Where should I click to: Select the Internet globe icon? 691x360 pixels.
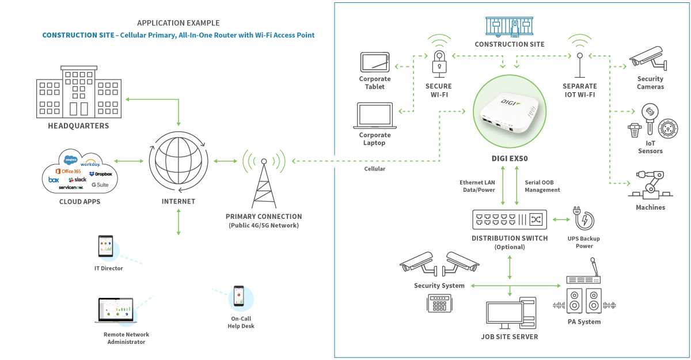tap(179, 161)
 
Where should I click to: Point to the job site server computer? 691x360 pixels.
tap(510, 314)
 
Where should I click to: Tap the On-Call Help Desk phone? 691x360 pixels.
tap(239, 297)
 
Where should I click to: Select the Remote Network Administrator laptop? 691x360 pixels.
tap(113, 310)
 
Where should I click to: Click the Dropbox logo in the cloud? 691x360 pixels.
tap(102, 173)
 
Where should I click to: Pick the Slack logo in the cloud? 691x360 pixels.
tap(77, 180)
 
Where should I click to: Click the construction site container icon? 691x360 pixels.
tap(509, 26)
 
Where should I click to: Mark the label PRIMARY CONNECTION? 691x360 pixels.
tap(263, 217)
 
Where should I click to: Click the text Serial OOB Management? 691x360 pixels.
tap(542, 186)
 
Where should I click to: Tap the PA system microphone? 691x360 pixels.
tap(593, 268)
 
